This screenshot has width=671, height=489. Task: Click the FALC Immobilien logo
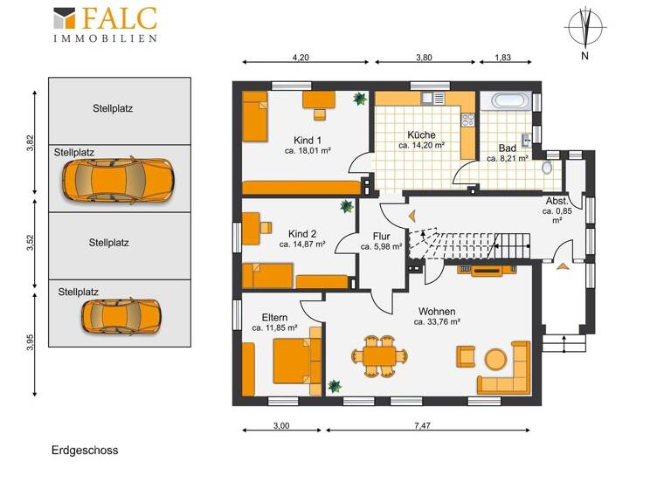coord(106,24)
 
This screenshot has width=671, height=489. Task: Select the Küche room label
coord(421,135)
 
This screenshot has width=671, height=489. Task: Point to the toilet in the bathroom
coord(548,166)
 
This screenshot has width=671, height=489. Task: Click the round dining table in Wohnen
coord(378,355)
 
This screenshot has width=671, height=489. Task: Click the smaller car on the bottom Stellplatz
coord(121,315)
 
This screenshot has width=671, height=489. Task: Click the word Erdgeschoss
coord(84,451)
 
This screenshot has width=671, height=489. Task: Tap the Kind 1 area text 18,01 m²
coord(308,151)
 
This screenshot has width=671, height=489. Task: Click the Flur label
coord(381,236)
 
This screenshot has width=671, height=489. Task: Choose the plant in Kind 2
coord(346,207)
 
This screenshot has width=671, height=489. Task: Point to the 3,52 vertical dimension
coord(30,244)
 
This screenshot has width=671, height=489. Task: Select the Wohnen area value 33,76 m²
coord(437,321)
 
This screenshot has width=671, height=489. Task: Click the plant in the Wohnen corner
coord(334,385)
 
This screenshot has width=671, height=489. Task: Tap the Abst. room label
coord(557,200)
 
